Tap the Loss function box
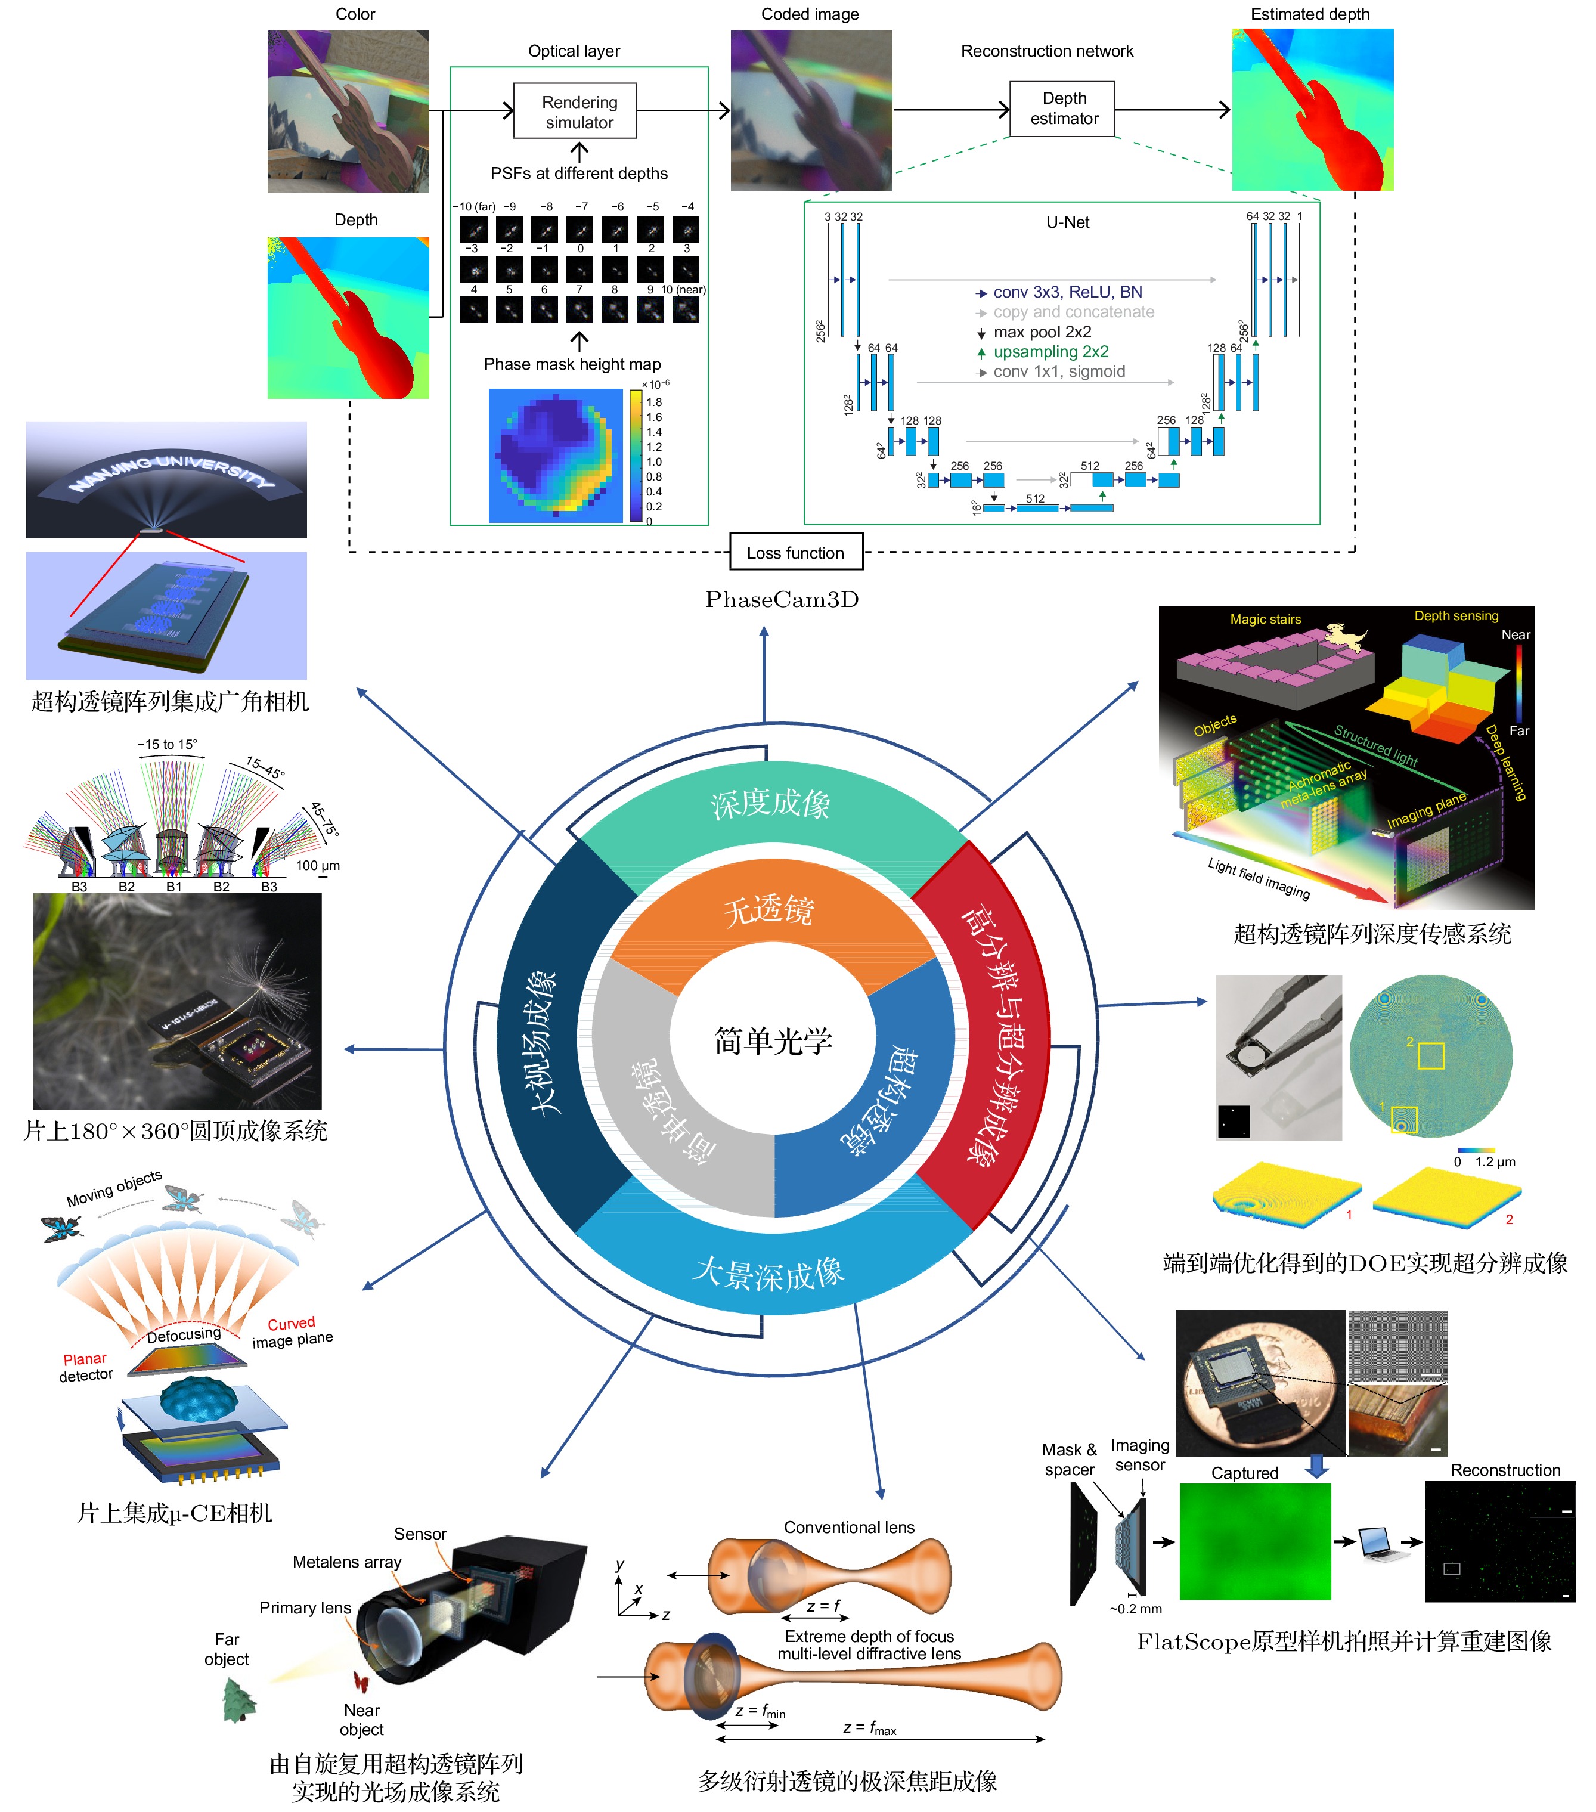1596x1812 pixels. [x=794, y=552]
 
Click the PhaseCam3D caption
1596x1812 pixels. [x=782, y=600]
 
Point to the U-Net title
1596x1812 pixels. [x=1067, y=222]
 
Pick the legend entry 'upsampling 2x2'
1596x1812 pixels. [x=1050, y=352]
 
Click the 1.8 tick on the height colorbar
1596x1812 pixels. [x=654, y=402]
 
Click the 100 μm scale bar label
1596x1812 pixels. [x=317, y=866]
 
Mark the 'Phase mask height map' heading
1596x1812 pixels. [x=572, y=364]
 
